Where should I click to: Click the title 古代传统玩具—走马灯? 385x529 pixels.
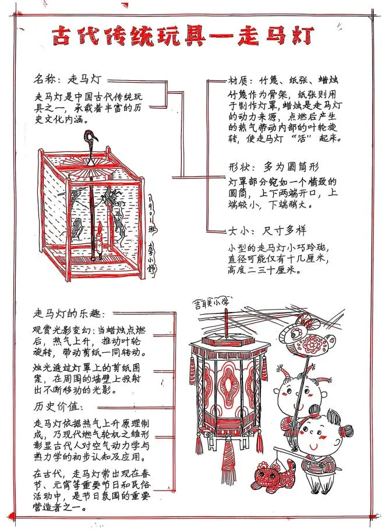coord(184,35)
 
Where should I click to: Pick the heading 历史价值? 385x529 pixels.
coord(59,405)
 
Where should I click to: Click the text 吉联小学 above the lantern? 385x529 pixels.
coord(213,304)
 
